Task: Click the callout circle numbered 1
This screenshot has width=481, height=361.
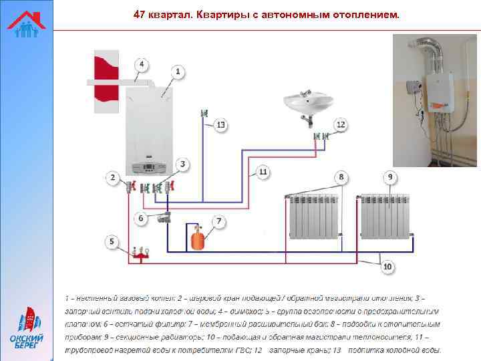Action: tap(177, 70)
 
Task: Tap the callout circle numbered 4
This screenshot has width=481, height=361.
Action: tap(140, 64)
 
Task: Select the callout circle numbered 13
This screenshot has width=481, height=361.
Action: tap(220, 125)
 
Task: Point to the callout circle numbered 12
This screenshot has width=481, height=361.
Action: tap(341, 124)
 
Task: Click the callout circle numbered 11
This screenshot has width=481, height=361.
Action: tap(263, 172)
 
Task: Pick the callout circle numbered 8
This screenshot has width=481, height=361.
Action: tap(341, 177)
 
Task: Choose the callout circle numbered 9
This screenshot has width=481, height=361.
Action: tap(390, 177)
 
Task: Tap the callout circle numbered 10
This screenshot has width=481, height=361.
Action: tap(387, 267)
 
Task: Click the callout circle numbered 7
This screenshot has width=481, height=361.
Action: tap(220, 221)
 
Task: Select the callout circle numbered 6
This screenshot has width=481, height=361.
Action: tap(140, 218)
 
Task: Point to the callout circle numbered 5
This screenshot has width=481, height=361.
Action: tap(112, 241)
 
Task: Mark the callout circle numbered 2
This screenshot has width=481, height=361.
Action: tap(112, 177)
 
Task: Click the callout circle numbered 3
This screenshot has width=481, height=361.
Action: tap(182, 164)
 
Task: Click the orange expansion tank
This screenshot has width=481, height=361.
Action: tap(198, 240)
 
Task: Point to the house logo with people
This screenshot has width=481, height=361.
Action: tap(26, 24)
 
